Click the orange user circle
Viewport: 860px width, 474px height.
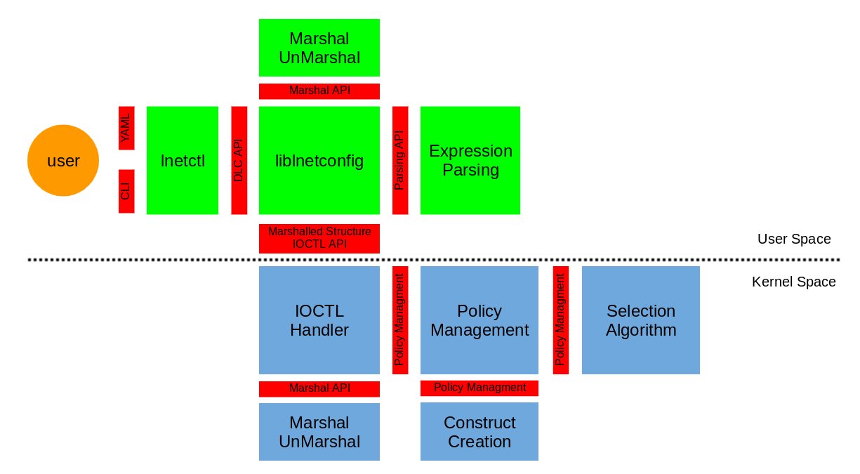tap(63, 160)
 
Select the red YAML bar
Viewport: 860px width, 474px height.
tap(126, 128)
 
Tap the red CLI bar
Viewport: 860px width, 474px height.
tap(126, 191)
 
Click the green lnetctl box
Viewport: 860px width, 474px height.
tap(183, 160)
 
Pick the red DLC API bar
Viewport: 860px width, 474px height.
tap(239, 160)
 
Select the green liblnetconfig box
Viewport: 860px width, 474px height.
tap(319, 160)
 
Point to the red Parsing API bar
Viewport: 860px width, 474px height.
tap(400, 160)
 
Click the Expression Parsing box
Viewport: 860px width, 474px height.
tap(470, 160)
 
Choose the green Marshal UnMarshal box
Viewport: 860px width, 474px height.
tap(319, 48)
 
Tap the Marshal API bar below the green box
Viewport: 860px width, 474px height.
tap(319, 91)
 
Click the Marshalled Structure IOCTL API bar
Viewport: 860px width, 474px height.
tap(319, 238)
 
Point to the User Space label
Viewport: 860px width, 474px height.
tap(794, 239)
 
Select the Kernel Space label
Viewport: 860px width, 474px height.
tap(793, 282)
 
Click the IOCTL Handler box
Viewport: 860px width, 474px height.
tap(319, 320)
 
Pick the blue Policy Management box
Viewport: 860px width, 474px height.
tap(479, 320)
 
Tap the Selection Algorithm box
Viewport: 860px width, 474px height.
tap(641, 320)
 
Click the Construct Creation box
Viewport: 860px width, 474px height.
tap(479, 432)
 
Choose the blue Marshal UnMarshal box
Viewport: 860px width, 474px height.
tap(319, 432)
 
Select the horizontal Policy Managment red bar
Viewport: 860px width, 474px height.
tap(479, 388)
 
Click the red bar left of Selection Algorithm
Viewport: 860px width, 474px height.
tap(560, 320)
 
